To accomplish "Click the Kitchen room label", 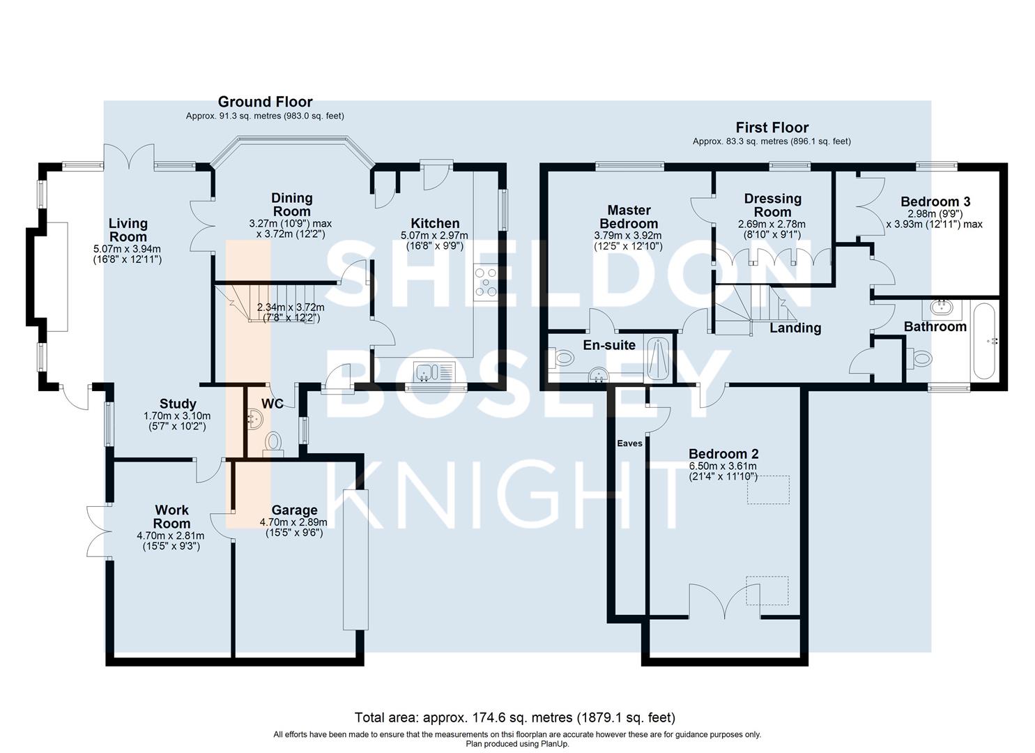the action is (x=435, y=223).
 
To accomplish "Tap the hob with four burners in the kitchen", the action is (x=485, y=282).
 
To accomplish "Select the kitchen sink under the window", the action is (x=434, y=372).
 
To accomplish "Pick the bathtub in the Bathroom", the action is (x=986, y=341).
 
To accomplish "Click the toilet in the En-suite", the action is (x=560, y=357).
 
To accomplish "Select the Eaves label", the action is (x=630, y=443).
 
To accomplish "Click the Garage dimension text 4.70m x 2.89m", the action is (x=293, y=522).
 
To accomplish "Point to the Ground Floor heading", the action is (x=266, y=102).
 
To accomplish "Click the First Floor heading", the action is (x=772, y=127).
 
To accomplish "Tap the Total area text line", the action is (x=515, y=717).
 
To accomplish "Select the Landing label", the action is (x=795, y=328).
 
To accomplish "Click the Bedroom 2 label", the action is (x=723, y=454).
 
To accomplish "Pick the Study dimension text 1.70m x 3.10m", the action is (x=177, y=416).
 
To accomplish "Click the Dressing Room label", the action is (x=772, y=205).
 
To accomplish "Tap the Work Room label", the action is (x=171, y=517).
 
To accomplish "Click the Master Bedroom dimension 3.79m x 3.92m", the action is (x=628, y=236).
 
